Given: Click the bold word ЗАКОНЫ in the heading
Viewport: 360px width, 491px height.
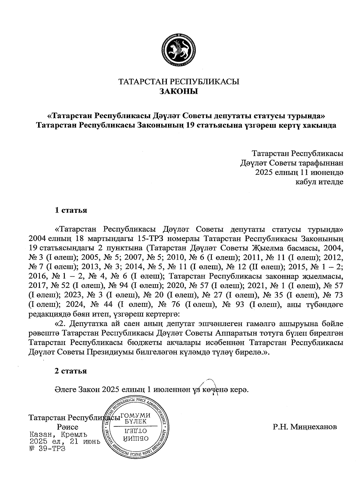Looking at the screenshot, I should click(179, 91).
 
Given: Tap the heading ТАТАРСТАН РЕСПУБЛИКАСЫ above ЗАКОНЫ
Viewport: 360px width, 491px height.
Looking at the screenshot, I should click(179, 82).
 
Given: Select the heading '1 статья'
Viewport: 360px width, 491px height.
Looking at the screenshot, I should click(71, 210).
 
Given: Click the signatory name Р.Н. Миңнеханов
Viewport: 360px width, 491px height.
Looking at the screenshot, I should click(305, 427).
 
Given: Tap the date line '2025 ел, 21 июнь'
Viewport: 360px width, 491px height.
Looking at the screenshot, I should click(64, 442).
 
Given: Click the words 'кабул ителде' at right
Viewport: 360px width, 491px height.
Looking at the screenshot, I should click(319, 182).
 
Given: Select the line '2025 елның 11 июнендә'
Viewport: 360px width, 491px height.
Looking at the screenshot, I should click(299, 172).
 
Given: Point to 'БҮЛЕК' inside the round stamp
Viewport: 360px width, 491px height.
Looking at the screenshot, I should click(136, 421).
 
